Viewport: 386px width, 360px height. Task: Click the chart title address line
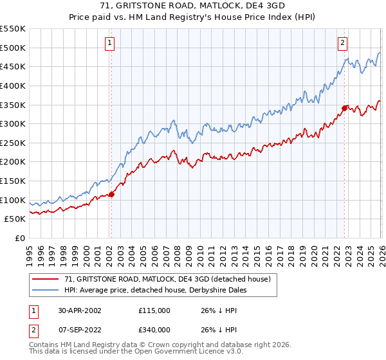(192, 6)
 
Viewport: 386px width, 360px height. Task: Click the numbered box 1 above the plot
(110, 43)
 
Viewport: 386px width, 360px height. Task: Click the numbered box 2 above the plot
(342, 43)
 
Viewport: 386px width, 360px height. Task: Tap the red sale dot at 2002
(111, 194)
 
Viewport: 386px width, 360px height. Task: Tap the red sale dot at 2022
(344, 108)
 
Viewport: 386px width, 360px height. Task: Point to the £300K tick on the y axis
(14, 123)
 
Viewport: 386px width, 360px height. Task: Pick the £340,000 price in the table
(154, 330)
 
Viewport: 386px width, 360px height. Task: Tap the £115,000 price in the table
(154, 310)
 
